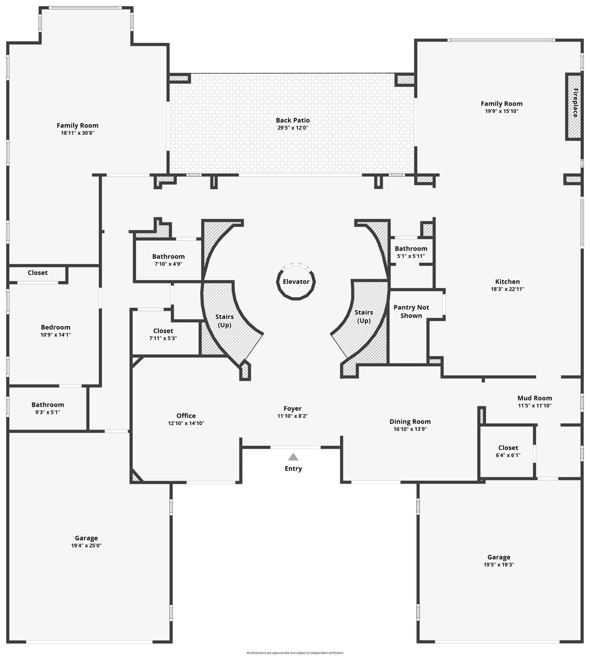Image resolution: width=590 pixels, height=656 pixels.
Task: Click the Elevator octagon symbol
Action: click(x=296, y=281)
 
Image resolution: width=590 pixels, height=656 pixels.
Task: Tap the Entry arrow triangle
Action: click(x=293, y=457)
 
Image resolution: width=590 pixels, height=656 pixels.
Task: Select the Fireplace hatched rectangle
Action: click(x=574, y=106)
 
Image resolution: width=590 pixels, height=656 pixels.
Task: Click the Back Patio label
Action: click(x=292, y=120)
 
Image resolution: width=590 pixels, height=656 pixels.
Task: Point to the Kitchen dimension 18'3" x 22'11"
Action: click(x=507, y=289)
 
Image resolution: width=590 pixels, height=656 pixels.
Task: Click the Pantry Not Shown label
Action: click(x=411, y=311)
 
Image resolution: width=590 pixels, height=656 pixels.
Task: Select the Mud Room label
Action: click(x=535, y=398)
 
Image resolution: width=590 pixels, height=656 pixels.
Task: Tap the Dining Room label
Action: click(x=410, y=422)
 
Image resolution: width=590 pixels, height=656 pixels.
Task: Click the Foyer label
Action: click(x=292, y=409)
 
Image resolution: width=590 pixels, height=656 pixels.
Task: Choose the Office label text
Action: click(x=186, y=416)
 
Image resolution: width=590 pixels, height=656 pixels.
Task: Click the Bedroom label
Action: click(x=55, y=327)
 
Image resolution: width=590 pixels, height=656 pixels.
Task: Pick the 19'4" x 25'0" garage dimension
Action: click(x=86, y=545)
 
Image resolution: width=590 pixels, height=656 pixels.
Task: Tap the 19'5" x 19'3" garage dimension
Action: click(x=499, y=565)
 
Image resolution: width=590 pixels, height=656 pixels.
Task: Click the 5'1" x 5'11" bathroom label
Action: click(x=411, y=256)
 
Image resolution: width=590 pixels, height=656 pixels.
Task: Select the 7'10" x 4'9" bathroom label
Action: click(x=168, y=264)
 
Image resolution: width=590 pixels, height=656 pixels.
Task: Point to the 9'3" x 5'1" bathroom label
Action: click(x=47, y=412)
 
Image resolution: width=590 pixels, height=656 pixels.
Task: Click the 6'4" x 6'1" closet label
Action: click(x=508, y=455)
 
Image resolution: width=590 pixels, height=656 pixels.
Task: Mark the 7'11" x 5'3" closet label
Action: click(x=163, y=338)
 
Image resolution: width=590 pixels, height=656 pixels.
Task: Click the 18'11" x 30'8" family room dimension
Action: click(x=77, y=133)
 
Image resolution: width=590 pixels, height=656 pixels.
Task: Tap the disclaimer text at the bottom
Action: click(x=295, y=653)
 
